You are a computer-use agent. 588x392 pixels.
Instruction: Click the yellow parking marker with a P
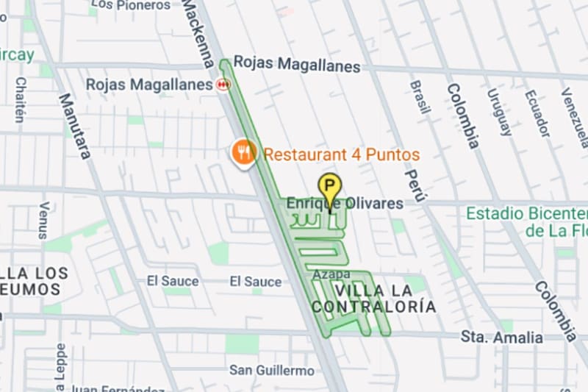coord(329,186)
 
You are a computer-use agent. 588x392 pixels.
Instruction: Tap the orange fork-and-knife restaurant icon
coord(243,152)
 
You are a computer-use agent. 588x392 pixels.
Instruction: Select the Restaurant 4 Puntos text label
coord(341,155)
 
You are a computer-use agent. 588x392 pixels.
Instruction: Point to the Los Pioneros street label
coord(132,5)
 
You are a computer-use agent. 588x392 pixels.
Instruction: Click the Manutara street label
coord(74,126)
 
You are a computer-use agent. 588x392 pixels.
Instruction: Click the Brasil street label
coord(420,97)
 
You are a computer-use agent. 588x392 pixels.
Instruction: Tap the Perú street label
coord(416,185)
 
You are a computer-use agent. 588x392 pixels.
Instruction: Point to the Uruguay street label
coord(500,112)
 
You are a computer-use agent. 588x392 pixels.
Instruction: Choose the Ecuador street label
coord(537,113)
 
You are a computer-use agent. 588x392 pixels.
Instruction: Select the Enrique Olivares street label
coord(345,203)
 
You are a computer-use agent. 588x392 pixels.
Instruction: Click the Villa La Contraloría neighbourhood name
coord(373,297)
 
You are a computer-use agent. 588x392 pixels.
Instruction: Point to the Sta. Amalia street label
coord(502,338)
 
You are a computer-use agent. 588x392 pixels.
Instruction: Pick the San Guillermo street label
coord(271,370)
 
